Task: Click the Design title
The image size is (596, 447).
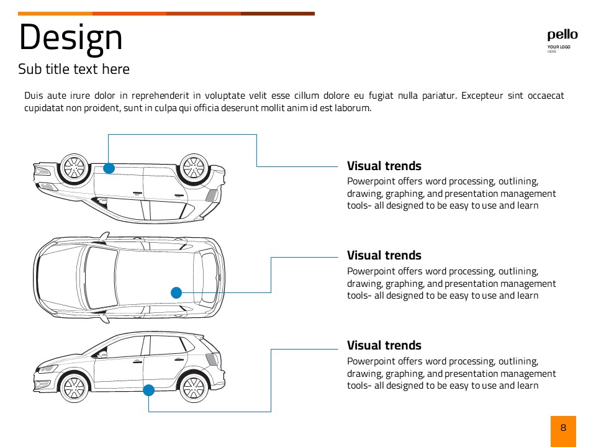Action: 71,37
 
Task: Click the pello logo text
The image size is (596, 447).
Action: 562,35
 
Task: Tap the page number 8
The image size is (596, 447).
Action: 563,428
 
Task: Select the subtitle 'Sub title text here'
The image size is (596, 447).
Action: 74,69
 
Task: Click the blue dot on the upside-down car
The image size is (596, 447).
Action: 109,168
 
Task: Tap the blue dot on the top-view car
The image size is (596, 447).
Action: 176,292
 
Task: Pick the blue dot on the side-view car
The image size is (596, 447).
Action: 148,391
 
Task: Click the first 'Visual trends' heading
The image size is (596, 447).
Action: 384,166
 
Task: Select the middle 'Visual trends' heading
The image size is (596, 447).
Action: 384,255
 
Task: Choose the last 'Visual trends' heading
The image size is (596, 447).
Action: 384,345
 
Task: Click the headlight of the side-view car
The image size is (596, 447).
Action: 46,369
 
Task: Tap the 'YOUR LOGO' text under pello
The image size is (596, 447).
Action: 559,47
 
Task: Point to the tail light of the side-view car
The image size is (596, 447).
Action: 212,359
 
